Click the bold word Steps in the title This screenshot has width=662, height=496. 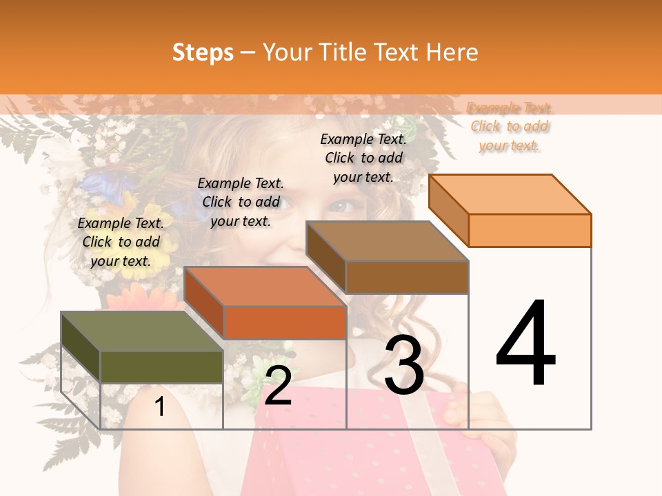203,52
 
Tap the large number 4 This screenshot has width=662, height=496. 525,344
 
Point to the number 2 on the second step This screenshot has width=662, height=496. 278,386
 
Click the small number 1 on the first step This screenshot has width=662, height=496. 160,407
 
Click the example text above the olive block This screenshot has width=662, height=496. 121,242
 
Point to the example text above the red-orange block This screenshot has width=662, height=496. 241,202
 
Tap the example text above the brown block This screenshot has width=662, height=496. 363,158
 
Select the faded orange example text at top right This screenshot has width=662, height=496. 510,127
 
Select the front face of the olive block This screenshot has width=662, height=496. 162,366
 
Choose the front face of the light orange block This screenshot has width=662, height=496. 530,230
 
